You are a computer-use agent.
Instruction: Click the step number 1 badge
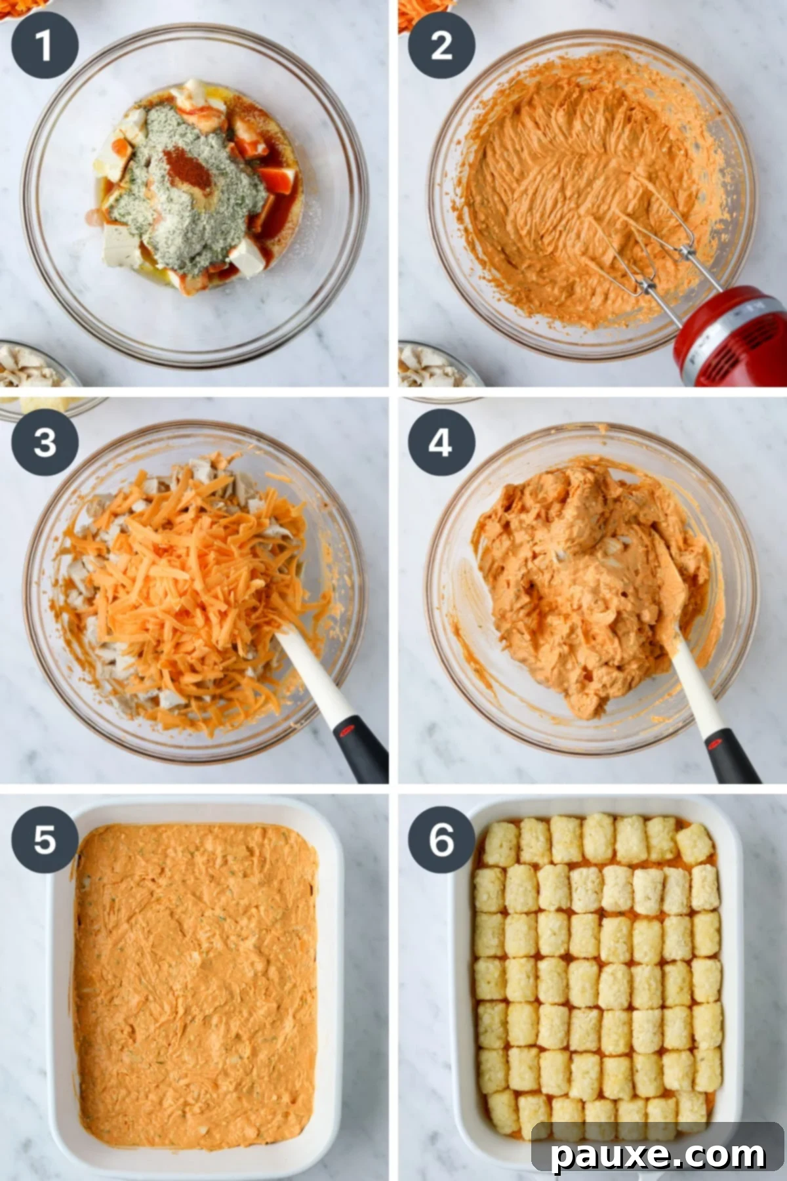[45, 45]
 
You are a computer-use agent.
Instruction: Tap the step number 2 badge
[441, 45]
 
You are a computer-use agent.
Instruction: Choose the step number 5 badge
[45, 839]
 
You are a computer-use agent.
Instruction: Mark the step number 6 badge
[441, 839]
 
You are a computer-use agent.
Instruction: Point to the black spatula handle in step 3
[359, 748]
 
